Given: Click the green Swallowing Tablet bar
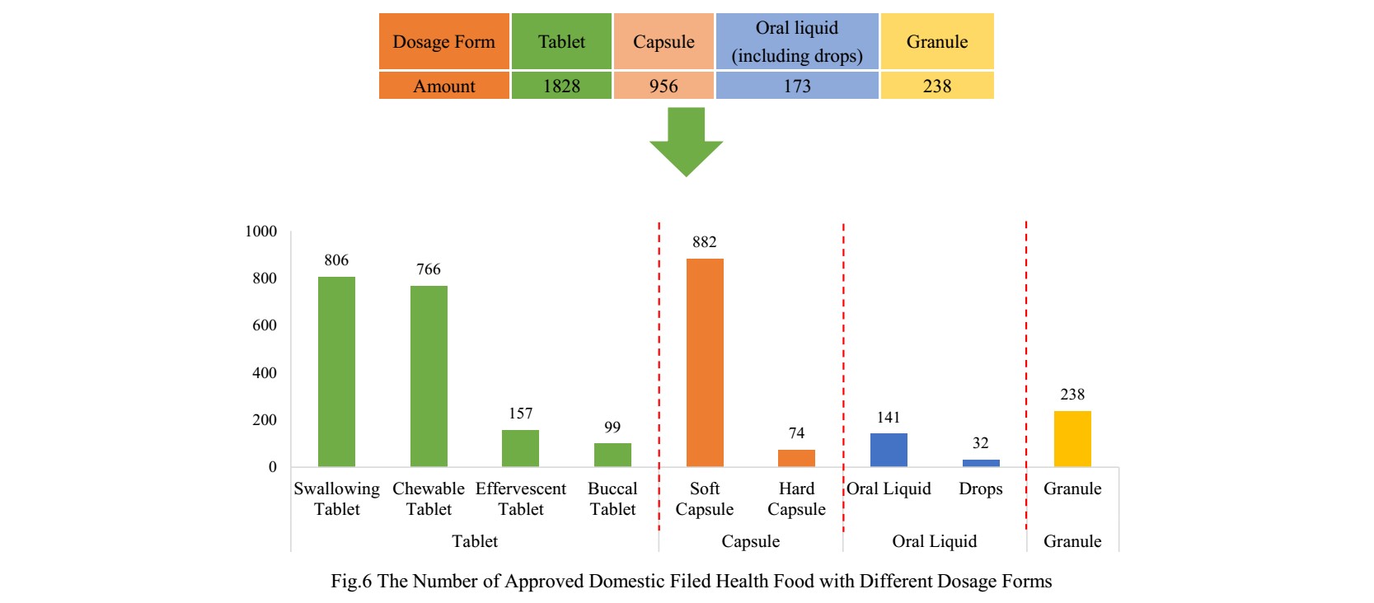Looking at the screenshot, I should (x=336, y=372).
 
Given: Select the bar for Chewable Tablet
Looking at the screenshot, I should (x=429, y=376).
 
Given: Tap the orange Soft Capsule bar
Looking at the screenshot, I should (x=705, y=362).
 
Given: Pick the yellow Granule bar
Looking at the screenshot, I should (x=1072, y=439).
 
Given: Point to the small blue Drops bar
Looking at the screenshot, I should (x=981, y=463).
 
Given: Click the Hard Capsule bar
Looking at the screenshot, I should (x=796, y=458).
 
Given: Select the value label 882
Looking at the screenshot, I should (x=705, y=242).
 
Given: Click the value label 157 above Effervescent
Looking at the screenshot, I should (x=521, y=414).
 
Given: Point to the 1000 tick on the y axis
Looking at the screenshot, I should (x=261, y=231).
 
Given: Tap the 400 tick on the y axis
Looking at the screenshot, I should (x=265, y=373).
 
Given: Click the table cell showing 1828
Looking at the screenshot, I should (x=561, y=86).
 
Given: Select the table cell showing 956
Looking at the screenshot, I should (x=664, y=86).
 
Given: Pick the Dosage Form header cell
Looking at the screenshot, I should (x=444, y=42).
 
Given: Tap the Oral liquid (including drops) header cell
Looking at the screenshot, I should (x=797, y=42).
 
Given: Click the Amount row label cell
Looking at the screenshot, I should (x=444, y=86).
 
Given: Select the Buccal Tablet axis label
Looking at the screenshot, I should (x=612, y=499).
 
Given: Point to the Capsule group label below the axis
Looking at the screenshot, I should (x=750, y=541).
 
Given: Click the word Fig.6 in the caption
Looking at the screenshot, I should (x=351, y=582).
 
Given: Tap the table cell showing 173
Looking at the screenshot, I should (x=797, y=86).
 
